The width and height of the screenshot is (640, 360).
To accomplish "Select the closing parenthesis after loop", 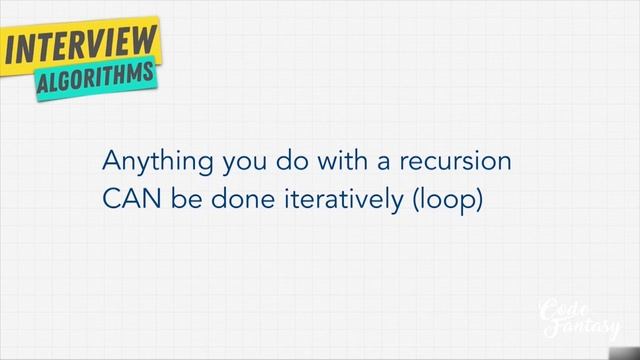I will pos(479,200).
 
